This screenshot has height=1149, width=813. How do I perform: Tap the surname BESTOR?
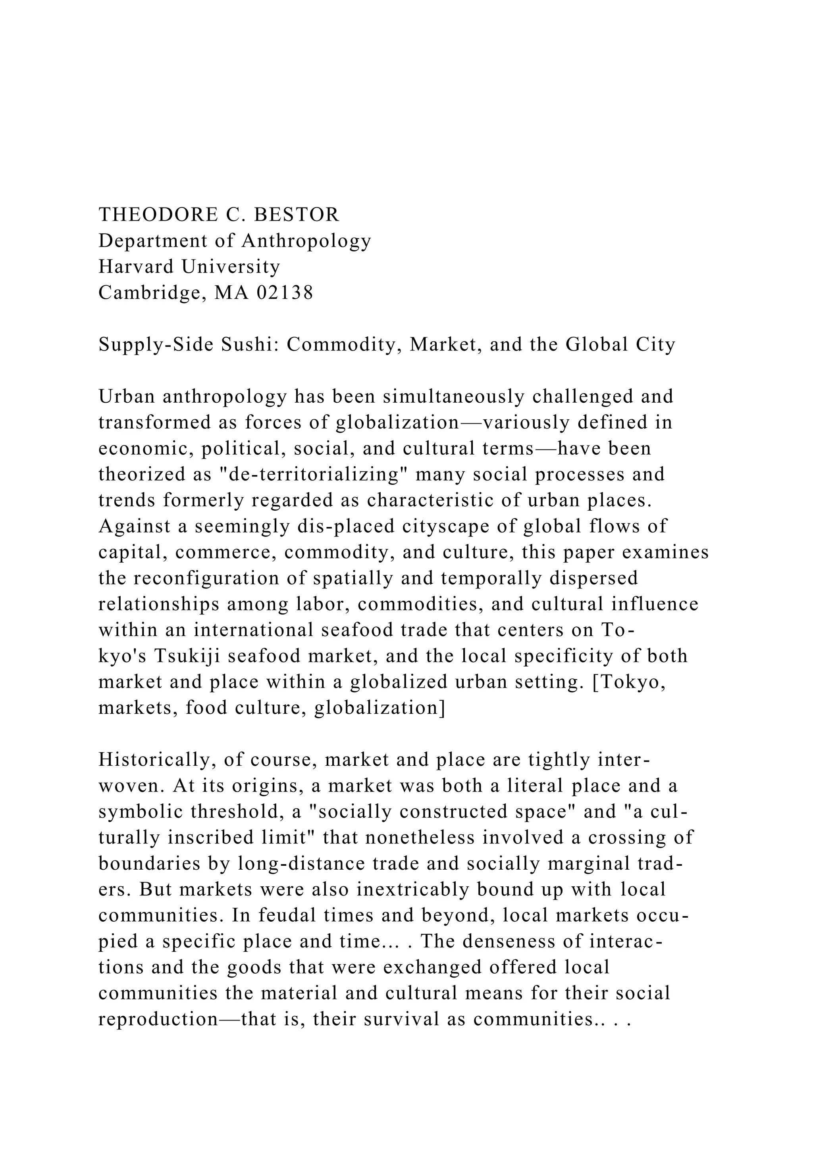coord(297,215)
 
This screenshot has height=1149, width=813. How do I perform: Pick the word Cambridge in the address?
coord(153,293)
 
